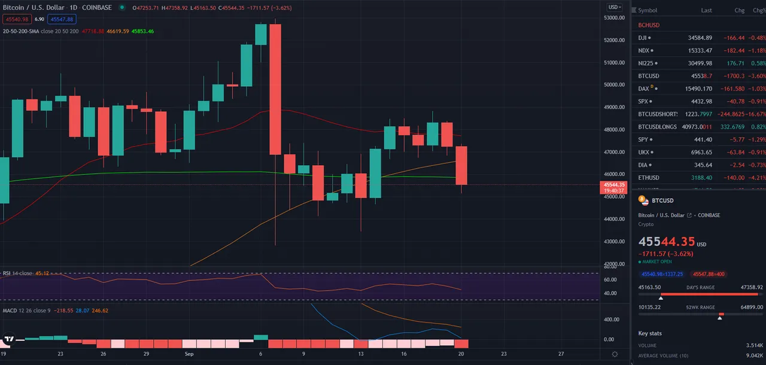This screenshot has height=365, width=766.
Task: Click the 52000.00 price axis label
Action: (x=611, y=40)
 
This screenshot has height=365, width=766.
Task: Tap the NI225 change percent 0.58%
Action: (x=758, y=63)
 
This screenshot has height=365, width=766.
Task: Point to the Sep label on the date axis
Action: (x=189, y=354)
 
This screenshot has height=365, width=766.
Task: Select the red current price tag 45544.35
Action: (x=615, y=185)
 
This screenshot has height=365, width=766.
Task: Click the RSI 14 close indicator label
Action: (x=17, y=273)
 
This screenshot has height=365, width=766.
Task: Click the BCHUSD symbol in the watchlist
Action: (x=649, y=25)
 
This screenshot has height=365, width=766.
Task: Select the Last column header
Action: (x=706, y=10)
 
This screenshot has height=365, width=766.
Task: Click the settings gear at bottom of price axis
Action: (x=615, y=354)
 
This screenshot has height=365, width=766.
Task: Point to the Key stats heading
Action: (x=651, y=333)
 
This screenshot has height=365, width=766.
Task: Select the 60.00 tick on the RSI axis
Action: (x=610, y=279)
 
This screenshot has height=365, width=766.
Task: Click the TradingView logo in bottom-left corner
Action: (x=8, y=339)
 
